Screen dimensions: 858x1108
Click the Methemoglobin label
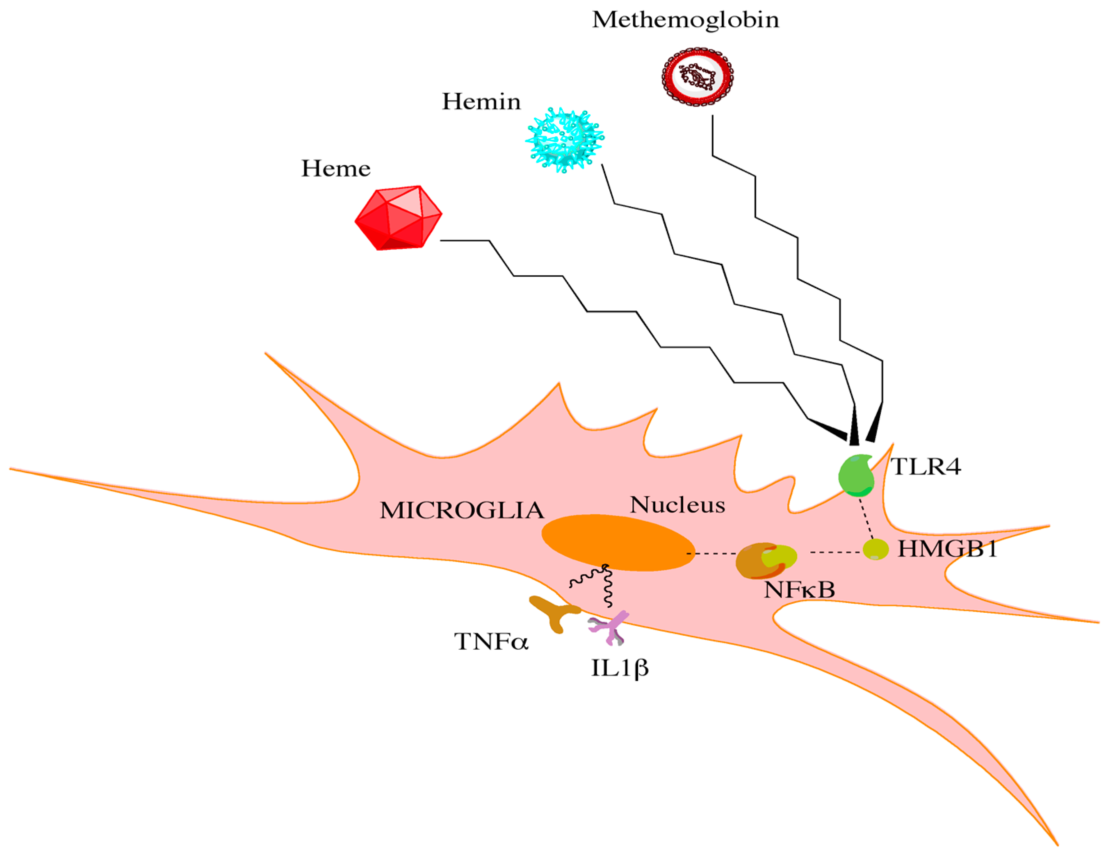(x=685, y=20)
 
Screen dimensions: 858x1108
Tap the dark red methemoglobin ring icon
(x=697, y=77)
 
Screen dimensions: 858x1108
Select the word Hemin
(x=481, y=102)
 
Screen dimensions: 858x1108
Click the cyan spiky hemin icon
(x=564, y=139)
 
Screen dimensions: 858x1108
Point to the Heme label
(x=335, y=169)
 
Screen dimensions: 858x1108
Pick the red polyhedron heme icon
(x=398, y=218)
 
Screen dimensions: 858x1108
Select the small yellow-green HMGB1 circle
(x=875, y=549)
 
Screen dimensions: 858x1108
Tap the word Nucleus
(x=677, y=505)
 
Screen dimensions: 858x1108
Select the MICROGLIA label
(x=462, y=511)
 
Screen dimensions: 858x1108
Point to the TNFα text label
(x=490, y=642)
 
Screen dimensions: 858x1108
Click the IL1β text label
(x=620, y=668)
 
